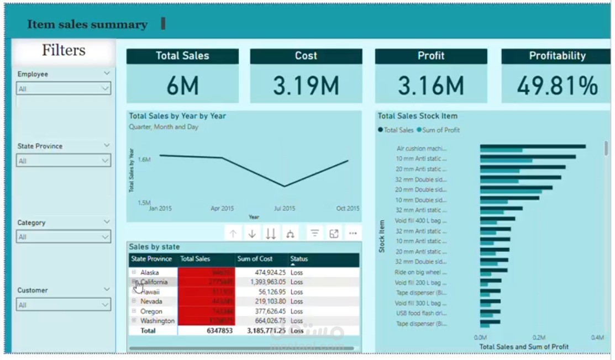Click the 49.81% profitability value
tap(557, 86)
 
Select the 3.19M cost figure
tap(306, 86)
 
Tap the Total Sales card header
tap(182, 56)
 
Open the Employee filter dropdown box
tap(64, 88)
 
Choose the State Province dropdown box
tap(64, 161)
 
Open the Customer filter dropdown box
tap(64, 305)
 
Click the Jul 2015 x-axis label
tap(284, 209)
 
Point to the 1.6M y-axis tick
tap(144, 160)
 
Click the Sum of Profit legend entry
tap(441, 130)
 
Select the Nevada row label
tap(151, 301)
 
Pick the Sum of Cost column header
tap(255, 259)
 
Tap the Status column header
tap(299, 259)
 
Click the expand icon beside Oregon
tap(134, 311)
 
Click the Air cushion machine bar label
tap(421, 149)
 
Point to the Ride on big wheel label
tap(420, 272)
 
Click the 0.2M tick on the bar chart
tap(539, 337)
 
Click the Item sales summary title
tap(87, 25)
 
